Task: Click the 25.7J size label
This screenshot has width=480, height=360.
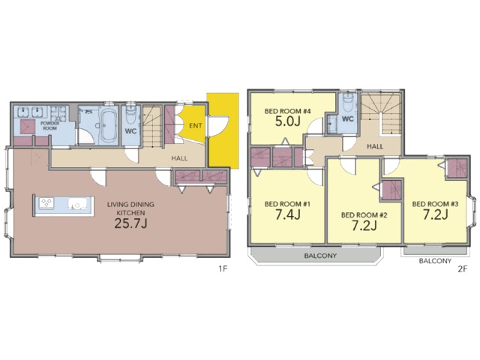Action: click(x=130, y=223)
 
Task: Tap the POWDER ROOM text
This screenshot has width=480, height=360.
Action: click(x=49, y=125)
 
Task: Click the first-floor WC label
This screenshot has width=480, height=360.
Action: click(x=130, y=131)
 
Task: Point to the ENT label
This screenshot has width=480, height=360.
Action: click(x=195, y=125)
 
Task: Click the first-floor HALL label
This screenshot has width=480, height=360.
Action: click(x=179, y=158)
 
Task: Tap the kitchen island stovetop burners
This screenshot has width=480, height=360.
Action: click(x=46, y=202)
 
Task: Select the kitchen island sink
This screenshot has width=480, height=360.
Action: click(x=77, y=203)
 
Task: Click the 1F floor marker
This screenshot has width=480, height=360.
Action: click(x=223, y=269)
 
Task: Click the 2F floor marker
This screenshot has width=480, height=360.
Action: click(x=463, y=269)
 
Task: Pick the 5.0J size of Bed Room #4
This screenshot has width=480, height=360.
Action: click(x=287, y=121)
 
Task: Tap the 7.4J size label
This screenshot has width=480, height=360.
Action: click(x=287, y=214)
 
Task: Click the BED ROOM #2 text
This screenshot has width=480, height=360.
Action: click(x=364, y=215)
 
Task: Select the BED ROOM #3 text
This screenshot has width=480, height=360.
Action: click(x=435, y=204)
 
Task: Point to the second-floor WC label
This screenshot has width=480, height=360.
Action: click(x=347, y=118)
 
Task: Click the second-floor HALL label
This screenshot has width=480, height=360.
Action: click(x=375, y=146)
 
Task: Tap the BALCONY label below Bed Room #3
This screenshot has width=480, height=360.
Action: click(x=435, y=261)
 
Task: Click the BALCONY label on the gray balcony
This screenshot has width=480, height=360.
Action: click(x=320, y=256)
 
